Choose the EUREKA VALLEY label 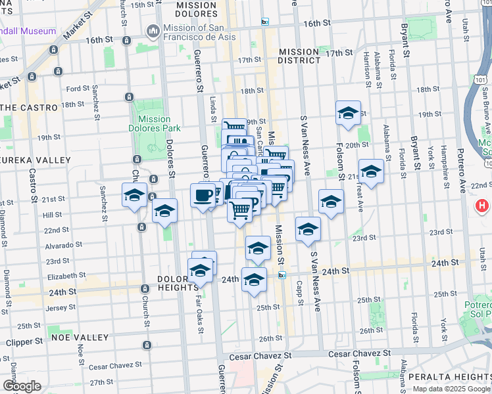(x=36, y=160)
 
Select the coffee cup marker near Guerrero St (x=202, y=195)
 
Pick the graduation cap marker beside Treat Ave (x=371, y=171)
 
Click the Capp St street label (x=299, y=280)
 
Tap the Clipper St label (x=24, y=342)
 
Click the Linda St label (x=212, y=110)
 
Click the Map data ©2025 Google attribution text (x=451, y=389)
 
